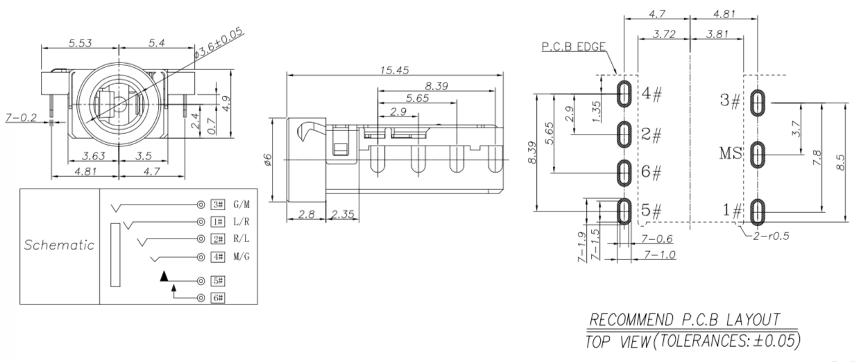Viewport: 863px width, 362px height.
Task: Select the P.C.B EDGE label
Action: tap(574, 47)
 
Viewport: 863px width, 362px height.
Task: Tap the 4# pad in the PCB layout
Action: tap(624, 94)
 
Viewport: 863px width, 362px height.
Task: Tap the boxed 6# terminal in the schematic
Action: tap(218, 298)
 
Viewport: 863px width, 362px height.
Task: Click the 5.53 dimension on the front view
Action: tap(83, 43)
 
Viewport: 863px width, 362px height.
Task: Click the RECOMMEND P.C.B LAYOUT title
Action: tap(683, 320)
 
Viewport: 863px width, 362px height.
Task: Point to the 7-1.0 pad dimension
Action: tap(660, 256)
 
